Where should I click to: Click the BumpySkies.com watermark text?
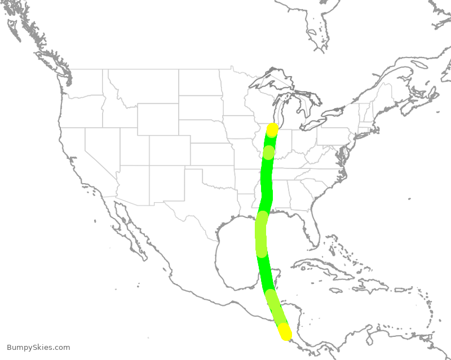click(x=38, y=348)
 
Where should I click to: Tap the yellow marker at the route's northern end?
click(x=272, y=130)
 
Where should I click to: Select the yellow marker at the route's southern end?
click(x=285, y=332)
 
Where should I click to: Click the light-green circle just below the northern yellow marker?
click(x=269, y=152)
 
